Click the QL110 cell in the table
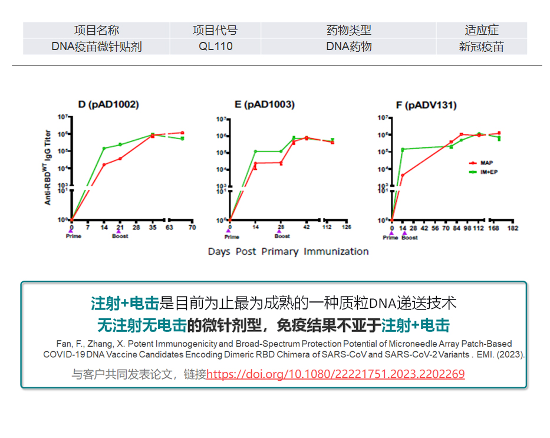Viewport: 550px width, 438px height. [x=215, y=47]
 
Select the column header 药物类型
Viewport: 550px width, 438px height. [x=348, y=31]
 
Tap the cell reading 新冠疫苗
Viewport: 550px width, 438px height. [x=481, y=47]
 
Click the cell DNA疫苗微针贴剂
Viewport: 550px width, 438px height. [x=97, y=47]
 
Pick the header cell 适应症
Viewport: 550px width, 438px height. [x=481, y=31]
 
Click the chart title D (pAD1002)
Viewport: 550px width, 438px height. [x=108, y=105]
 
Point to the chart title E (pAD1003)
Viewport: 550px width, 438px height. [x=264, y=105]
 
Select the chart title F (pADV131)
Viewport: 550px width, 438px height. [x=426, y=106]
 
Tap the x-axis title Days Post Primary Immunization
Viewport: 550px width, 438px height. [x=288, y=252]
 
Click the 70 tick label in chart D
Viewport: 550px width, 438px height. [x=192, y=228]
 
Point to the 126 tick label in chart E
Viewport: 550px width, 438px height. [x=347, y=228]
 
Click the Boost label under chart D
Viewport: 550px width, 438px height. [x=120, y=236]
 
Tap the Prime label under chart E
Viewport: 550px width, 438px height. [x=232, y=237]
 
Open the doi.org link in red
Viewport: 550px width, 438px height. [x=335, y=374]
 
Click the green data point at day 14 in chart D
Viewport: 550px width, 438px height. [x=104, y=149]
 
